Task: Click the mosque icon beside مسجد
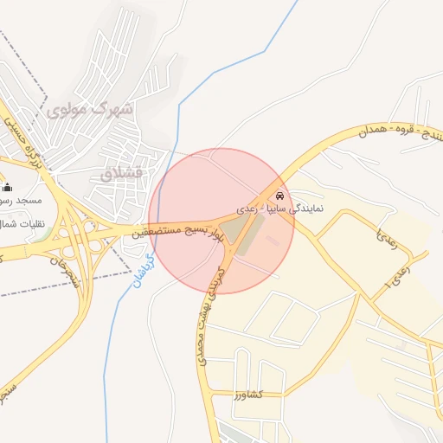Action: [8, 187]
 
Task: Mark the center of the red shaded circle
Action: [221, 221]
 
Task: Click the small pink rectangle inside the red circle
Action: [276, 240]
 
